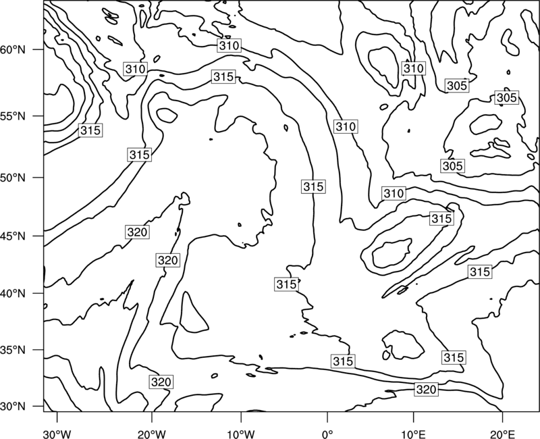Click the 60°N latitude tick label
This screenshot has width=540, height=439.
point(13,50)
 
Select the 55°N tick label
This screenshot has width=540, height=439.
point(13,116)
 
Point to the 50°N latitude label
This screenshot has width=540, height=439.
point(13,178)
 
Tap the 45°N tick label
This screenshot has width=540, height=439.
point(13,236)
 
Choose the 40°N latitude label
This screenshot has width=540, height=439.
point(13,294)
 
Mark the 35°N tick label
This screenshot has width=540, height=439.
point(13,350)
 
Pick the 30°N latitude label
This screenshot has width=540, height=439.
point(13,407)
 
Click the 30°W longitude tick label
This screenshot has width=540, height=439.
point(57,434)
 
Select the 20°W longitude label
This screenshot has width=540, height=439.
point(152,434)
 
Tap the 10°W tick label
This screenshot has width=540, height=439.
point(241,434)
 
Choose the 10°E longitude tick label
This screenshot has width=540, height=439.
point(413,434)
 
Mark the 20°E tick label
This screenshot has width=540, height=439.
point(502,434)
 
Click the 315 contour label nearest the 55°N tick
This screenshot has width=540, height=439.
point(90,130)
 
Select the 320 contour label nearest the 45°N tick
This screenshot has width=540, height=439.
point(138,232)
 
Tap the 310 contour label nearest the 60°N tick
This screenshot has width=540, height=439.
point(136,69)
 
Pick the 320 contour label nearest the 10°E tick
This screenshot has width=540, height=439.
point(427,390)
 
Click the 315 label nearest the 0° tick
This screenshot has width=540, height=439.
point(343,361)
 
